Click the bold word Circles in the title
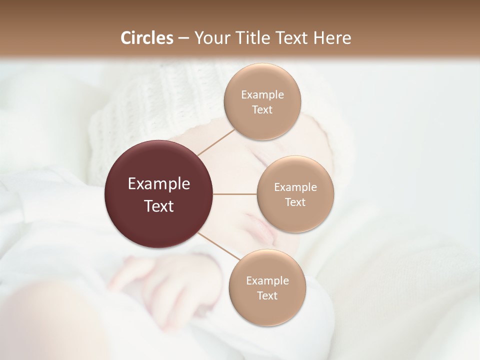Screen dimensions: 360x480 click(147, 38)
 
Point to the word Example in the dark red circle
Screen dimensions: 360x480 click(159, 184)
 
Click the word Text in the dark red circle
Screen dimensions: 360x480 click(159, 206)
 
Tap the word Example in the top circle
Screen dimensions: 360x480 click(262, 95)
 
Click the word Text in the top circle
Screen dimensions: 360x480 click(262, 109)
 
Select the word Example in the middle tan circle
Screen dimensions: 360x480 click(295, 187)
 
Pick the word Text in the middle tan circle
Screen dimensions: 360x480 click(295, 202)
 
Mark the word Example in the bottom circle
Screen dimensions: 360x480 click(267, 281)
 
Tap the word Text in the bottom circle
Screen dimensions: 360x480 click(267, 295)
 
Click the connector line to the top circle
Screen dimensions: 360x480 click(216, 142)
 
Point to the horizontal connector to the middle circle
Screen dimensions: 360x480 click(235, 194)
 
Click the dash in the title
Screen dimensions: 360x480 click(183, 38)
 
